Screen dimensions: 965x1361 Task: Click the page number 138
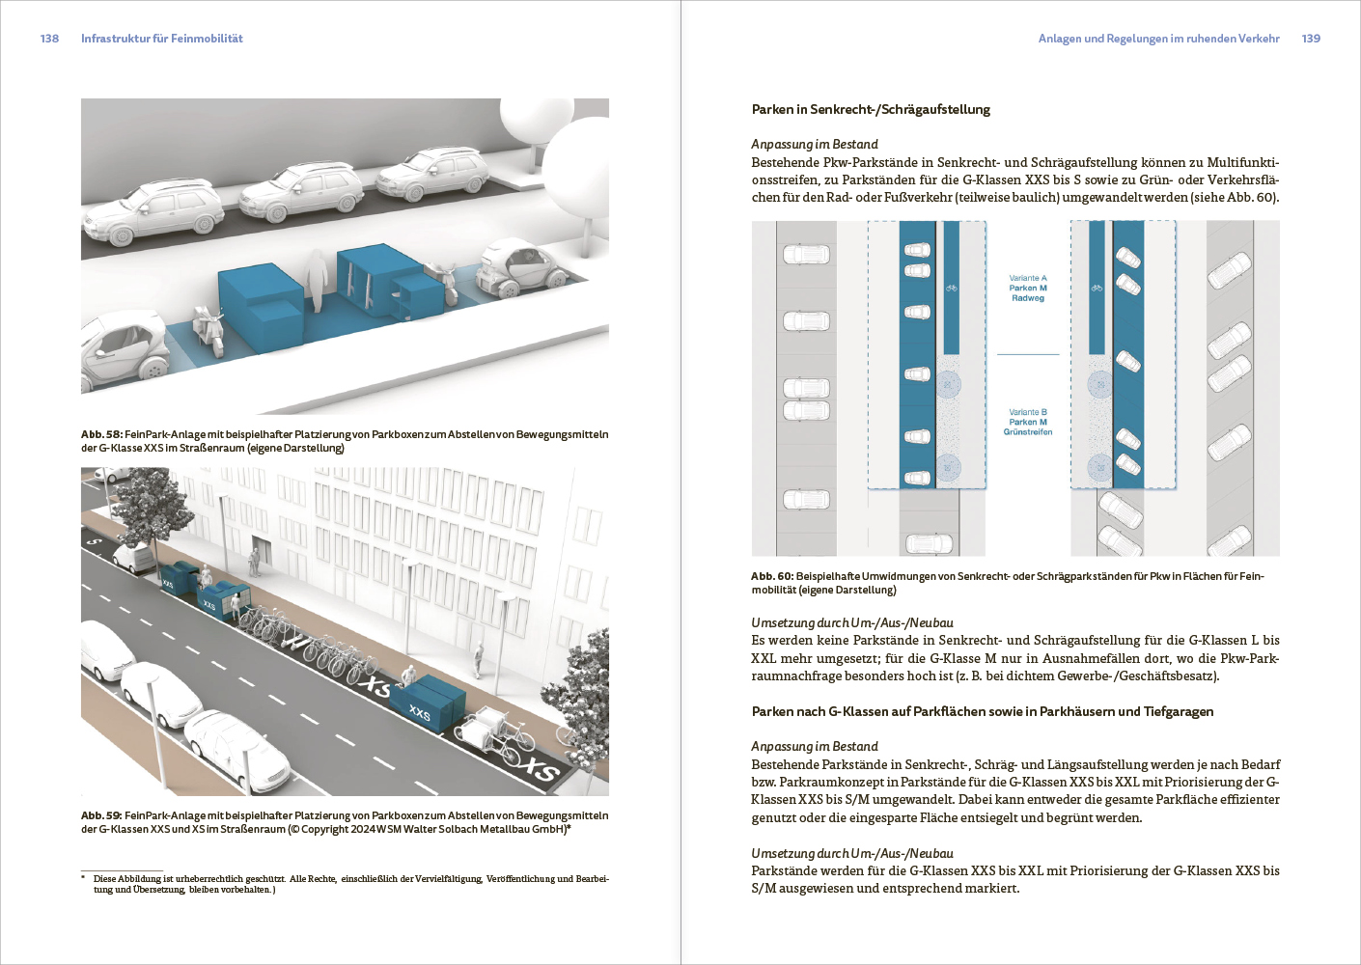click(x=49, y=39)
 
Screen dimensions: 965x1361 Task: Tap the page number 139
click(x=1311, y=39)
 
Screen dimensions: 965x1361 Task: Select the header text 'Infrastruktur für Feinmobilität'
click(x=161, y=39)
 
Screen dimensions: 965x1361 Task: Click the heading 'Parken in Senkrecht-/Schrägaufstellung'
click(x=871, y=109)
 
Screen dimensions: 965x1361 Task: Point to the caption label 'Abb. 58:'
click(x=101, y=434)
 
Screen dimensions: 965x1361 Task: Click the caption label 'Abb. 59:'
click(x=101, y=815)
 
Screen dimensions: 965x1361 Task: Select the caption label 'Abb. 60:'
click(x=772, y=576)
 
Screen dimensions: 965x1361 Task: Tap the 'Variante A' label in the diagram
click(x=1028, y=278)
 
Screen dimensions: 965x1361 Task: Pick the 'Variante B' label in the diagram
click(x=1028, y=412)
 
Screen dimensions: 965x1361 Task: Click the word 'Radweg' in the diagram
click(x=1028, y=298)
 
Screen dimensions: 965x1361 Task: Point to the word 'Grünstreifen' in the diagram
click(x=1028, y=432)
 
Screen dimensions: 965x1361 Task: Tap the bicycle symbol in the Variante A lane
click(x=952, y=288)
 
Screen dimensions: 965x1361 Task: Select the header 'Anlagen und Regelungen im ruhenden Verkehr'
click(x=1158, y=39)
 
